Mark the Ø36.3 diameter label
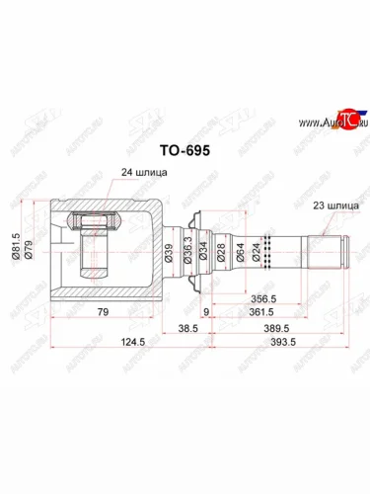pyautogui.click(x=187, y=252)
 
